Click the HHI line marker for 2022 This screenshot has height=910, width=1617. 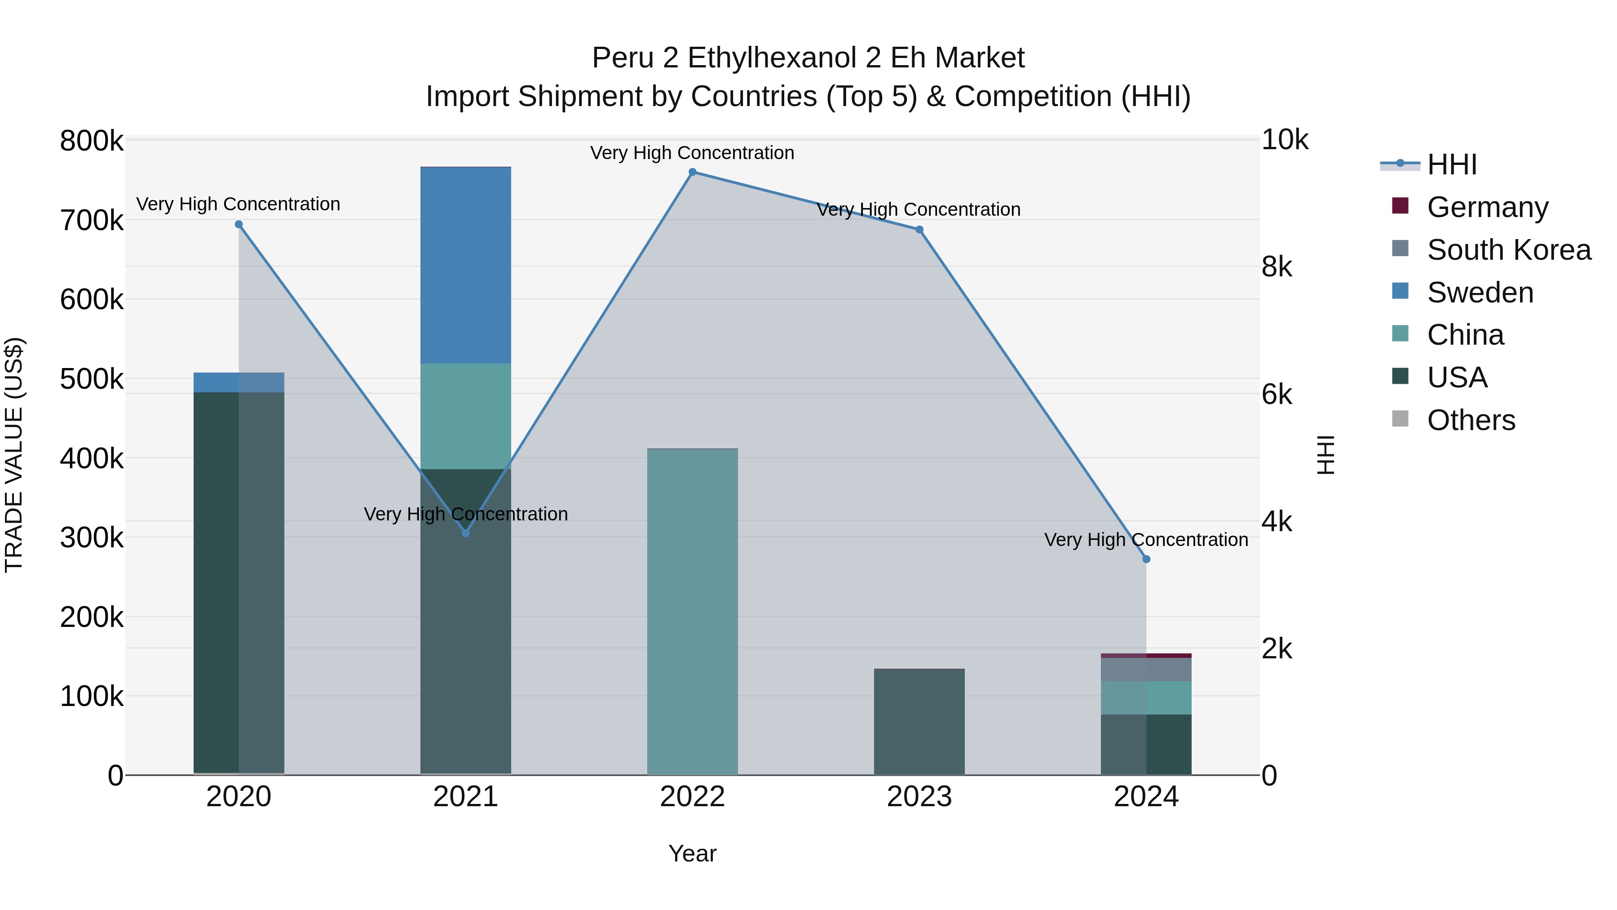[x=692, y=172]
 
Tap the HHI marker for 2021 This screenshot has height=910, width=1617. [x=466, y=533]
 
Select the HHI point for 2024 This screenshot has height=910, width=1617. [x=1146, y=559]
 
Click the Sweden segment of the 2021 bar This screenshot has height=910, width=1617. [x=466, y=265]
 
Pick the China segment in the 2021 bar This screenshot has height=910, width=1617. [x=466, y=416]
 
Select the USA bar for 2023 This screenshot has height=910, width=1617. [x=919, y=722]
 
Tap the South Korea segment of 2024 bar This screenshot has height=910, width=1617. [x=1146, y=670]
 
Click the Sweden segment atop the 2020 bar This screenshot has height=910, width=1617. [x=239, y=382]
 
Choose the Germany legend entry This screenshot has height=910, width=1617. [x=1487, y=207]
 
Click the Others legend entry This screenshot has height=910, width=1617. [x=1471, y=420]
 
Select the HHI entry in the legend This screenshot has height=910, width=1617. [x=1451, y=164]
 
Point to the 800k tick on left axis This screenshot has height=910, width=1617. [x=92, y=141]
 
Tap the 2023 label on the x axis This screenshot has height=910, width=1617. [x=919, y=797]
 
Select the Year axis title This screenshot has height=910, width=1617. [x=692, y=853]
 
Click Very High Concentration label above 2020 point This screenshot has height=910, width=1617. [x=239, y=204]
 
